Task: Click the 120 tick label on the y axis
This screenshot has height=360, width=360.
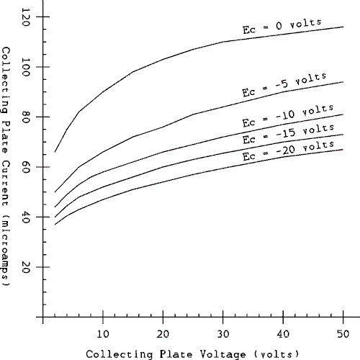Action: [32, 17]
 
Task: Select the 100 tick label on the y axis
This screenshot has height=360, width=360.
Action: [32, 67]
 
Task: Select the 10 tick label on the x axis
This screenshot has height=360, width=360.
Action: [104, 333]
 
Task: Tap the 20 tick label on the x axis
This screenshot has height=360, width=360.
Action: [163, 333]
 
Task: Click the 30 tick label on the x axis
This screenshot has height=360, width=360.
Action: [223, 333]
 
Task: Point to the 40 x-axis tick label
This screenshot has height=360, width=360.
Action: [283, 333]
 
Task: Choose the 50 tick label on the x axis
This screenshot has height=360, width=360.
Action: [343, 333]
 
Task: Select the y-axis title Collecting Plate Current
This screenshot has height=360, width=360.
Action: [6, 167]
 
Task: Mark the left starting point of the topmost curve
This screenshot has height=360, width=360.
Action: [55, 152]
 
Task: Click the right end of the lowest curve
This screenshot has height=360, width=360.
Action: [343, 149]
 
